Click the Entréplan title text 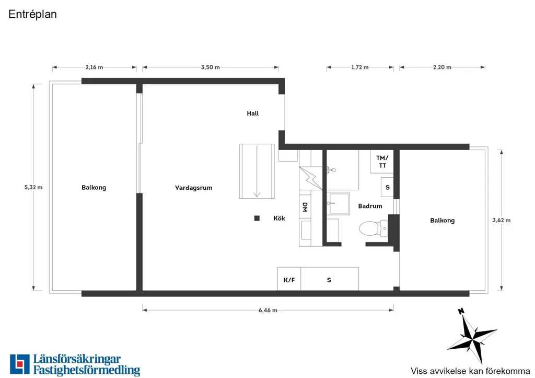coord(32,14)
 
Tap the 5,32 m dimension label coord(33,187)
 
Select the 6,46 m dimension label coord(268,310)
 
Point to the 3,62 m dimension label coord(501,220)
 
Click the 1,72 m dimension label coord(360,67)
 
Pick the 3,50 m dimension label coord(210,67)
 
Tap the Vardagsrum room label coord(193,188)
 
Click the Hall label coord(253,113)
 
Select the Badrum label coord(370,206)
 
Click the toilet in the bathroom coord(373,228)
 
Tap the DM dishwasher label coord(305,207)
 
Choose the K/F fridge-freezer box coord(289,279)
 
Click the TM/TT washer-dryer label coord(382,162)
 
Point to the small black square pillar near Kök coord(257,218)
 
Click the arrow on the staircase coord(257,171)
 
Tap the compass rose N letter coord(461,311)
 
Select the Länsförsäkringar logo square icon coord(20,364)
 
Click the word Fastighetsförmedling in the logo coord(87,370)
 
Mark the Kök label coord(279,218)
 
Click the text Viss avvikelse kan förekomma coord(471,371)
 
